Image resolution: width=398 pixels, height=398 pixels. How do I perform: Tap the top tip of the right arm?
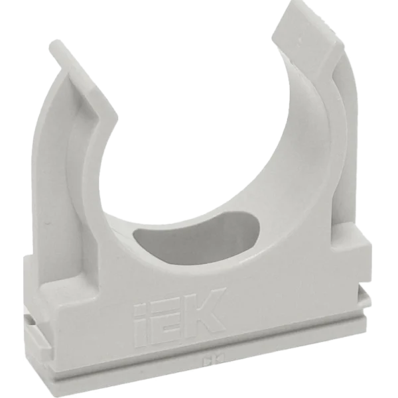pos(306,13)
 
